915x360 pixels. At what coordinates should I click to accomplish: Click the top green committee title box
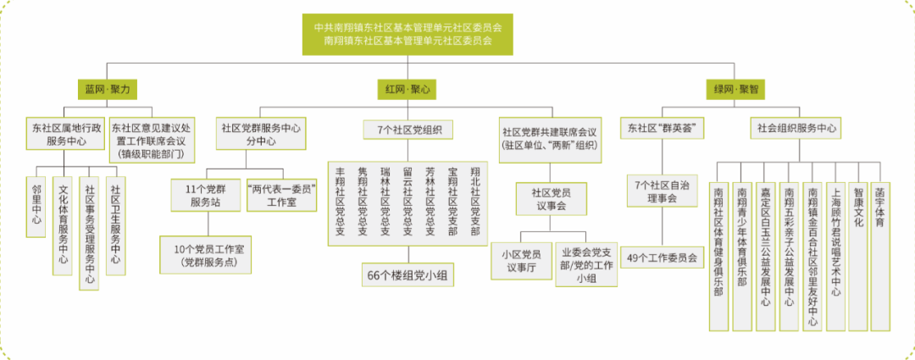tap(408, 34)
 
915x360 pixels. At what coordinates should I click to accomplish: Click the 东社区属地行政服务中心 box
tap(66, 135)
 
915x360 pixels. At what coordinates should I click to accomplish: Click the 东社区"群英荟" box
tap(662, 129)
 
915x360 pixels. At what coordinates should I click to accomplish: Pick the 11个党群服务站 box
tap(206, 196)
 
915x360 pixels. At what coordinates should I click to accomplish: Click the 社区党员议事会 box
tap(552, 201)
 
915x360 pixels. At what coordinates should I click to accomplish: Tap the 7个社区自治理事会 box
tap(662, 191)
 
